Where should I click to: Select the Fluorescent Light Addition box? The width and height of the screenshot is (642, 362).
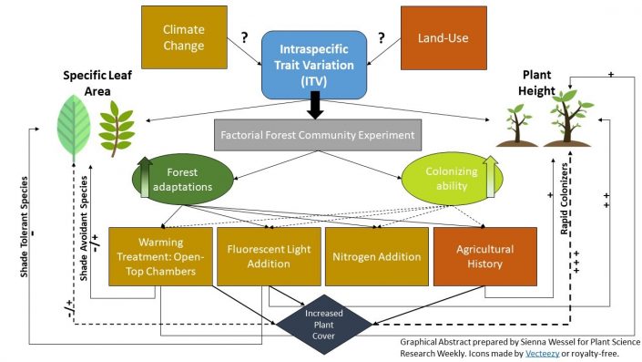pyautogui.click(x=266, y=256)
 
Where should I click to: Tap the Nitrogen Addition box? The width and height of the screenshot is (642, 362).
pyautogui.click(x=375, y=256)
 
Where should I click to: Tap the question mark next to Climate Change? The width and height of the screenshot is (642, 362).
pyautogui.click(x=244, y=37)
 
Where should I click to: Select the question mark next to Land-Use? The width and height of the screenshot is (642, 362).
pyautogui.click(x=381, y=37)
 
